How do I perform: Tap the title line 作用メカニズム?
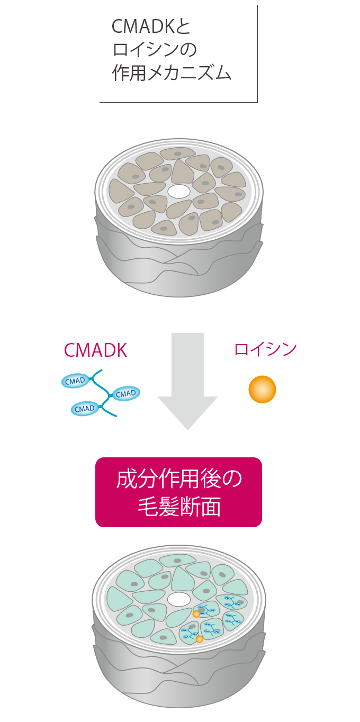pyautogui.click(x=172, y=73)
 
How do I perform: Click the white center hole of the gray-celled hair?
pyautogui.click(x=179, y=191)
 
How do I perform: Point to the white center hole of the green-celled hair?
pyautogui.click(x=179, y=599)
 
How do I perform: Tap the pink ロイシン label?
pyautogui.click(x=266, y=349)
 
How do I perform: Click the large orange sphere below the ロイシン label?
pyautogui.click(x=262, y=389)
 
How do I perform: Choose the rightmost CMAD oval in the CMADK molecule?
pyautogui.click(x=126, y=394)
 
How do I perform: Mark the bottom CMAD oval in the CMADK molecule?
pyautogui.click(x=85, y=408)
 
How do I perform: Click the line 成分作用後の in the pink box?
pyautogui.click(x=179, y=480)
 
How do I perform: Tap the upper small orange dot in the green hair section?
pyautogui.click(x=196, y=614)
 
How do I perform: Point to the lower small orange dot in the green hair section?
pyautogui.click(x=200, y=639)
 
